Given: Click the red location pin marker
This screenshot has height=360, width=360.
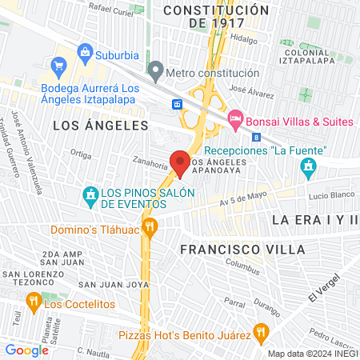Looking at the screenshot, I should coord(181,163).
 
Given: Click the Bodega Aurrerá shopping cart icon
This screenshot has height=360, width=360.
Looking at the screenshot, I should coord(58,65).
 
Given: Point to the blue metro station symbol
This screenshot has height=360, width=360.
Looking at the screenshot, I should coord(178,104).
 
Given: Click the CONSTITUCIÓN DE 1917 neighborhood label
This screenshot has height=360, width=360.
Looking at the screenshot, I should coord(216,16).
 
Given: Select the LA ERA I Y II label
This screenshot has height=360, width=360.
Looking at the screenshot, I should coord(314,219).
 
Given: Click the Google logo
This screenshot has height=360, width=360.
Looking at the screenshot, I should coord(26,350).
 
